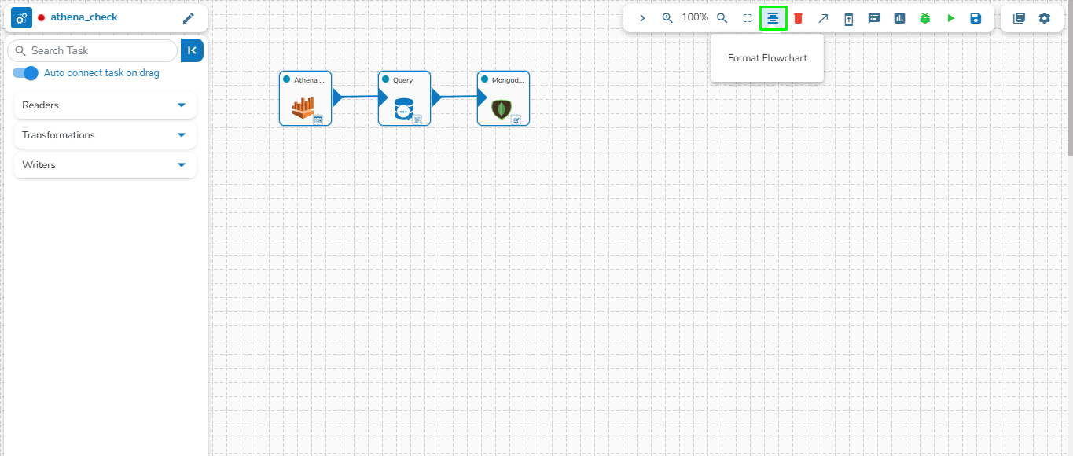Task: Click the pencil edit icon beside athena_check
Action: (x=188, y=18)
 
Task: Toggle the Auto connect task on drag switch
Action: (x=26, y=73)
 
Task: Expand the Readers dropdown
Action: (x=105, y=105)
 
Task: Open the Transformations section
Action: (x=105, y=135)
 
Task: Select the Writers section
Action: (x=105, y=165)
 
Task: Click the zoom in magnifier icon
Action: (x=667, y=17)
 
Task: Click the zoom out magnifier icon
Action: (x=722, y=17)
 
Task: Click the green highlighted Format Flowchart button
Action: (x=774, y=18)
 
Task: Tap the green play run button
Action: (x=950, y=18)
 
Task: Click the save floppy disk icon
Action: (x=976, y=18)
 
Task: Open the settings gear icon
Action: (x=1044, y=18)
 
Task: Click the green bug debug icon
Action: (x=925, y=18)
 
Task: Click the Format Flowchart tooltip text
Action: (x=767, y=58)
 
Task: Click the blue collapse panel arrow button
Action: (x=193, y=50)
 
